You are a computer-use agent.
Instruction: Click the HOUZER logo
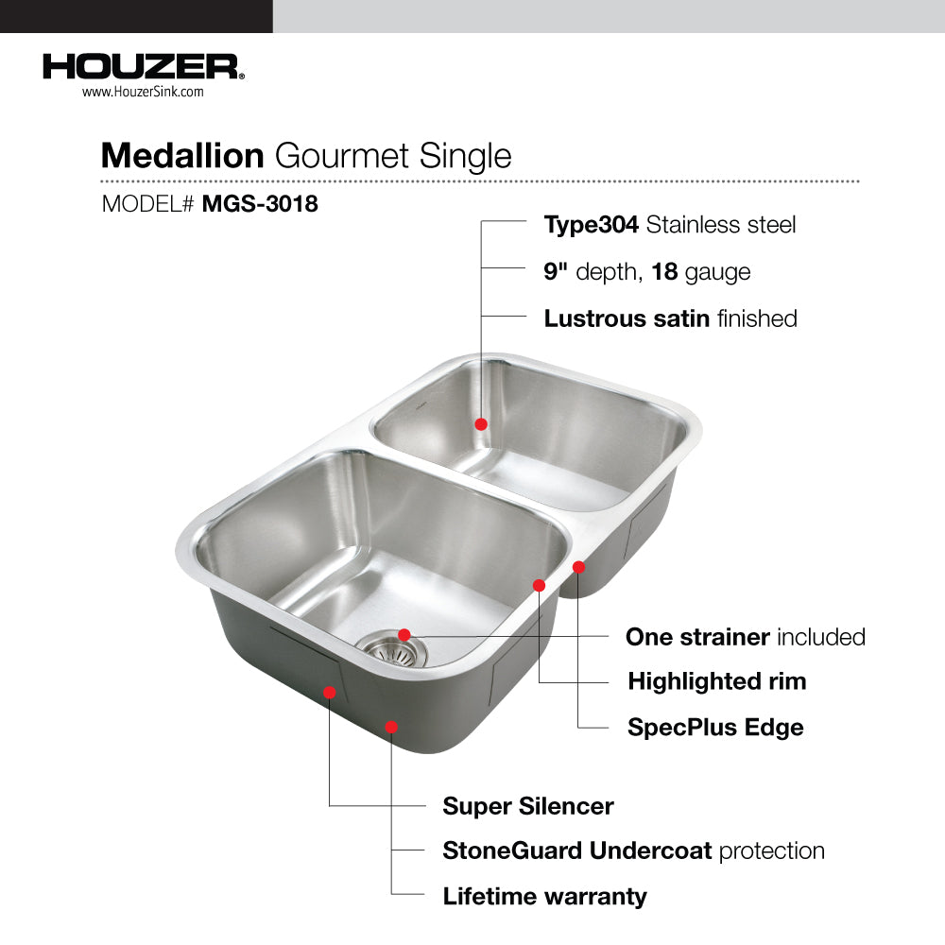click(144, 67)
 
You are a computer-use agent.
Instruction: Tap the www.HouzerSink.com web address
click(143, 92)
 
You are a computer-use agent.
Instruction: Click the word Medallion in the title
click(182, 156)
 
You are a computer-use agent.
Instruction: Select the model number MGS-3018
click(260, 204)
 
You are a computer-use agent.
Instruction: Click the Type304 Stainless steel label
click(670, 225)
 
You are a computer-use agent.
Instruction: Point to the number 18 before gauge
click(664, 271)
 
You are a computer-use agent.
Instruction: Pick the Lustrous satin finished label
click(670, 318)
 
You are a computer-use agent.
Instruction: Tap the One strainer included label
click(746, 637)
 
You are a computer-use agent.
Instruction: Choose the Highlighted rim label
click(717, 681)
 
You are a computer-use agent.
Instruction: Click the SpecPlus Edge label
click(715, 728)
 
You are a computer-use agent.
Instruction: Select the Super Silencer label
click(528, 806)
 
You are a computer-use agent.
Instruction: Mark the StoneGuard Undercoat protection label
click(633, 851)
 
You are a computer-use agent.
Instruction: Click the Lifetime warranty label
click(545, 896)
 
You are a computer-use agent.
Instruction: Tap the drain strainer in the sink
click(393, 649)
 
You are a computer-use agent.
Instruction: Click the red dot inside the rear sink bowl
click(481, 424)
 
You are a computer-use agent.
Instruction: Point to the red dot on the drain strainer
click(404, 635)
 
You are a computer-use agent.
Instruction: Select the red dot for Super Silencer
click(329, 693)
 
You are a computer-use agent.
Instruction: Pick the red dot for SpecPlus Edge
click(578, 567)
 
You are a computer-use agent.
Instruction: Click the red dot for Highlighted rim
click(540, 585)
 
